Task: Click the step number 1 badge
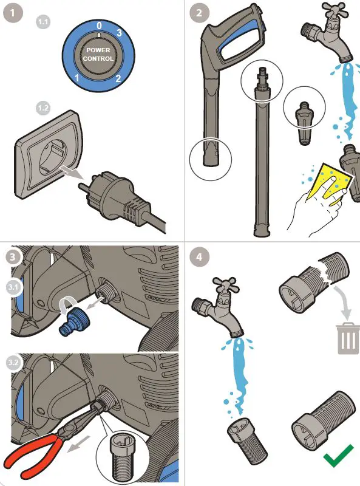(13, 13)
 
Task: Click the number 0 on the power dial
(99, 26)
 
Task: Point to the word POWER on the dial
(98, 50)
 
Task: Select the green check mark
(339, 455)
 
